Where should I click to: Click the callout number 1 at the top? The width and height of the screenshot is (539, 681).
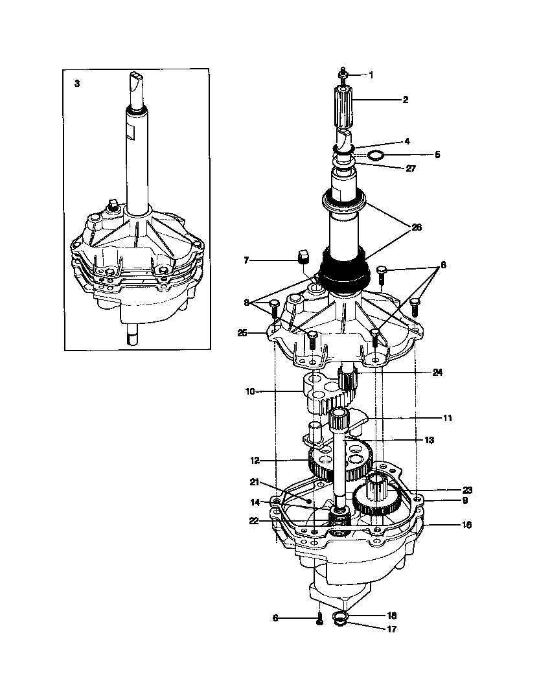(371, 75)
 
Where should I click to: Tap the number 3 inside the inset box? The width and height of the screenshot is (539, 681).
(77, 84)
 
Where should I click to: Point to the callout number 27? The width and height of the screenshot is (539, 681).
(411, 168)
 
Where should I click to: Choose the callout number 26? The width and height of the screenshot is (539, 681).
(416, 227)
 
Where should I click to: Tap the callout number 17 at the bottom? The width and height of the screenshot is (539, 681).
(391, 629)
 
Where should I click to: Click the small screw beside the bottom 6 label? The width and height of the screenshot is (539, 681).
(319, 620)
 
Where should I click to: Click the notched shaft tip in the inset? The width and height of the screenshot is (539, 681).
(135, 83)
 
